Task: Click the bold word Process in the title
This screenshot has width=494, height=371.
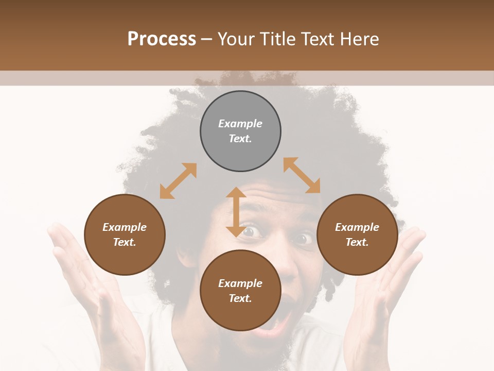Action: coord(162,39)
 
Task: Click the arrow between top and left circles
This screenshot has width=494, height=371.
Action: coord(178,181)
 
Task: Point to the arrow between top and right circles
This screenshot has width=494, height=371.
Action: coord(302,175)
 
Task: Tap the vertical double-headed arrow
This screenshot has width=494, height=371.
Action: coord(236,212)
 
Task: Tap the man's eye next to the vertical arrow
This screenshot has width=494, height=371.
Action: coord(250,232)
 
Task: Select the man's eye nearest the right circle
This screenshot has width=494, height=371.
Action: coord(303,239)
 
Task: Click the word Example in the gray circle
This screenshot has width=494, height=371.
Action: coord(240,124)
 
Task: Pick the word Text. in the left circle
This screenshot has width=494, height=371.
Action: coord(125,242)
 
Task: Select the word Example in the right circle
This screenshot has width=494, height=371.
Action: coord(357,227)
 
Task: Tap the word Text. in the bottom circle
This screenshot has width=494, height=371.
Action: coord(240,298)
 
